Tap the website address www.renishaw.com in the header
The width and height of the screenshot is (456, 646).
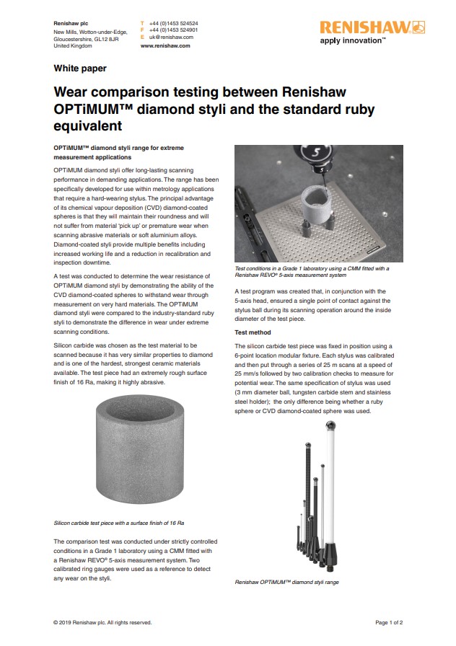165,45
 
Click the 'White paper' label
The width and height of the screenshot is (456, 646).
80,68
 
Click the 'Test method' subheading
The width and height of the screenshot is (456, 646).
253,333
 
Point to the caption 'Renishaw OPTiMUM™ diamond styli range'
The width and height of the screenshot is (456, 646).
286,582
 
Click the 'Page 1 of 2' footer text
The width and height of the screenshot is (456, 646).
389,622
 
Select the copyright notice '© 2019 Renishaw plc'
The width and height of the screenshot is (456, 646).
102,622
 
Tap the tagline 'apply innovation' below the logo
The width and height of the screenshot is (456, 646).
352,41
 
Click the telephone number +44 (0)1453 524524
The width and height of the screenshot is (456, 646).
173,23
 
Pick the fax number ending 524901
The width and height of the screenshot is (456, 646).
173,30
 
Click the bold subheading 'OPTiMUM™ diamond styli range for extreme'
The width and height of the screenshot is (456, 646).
118,148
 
